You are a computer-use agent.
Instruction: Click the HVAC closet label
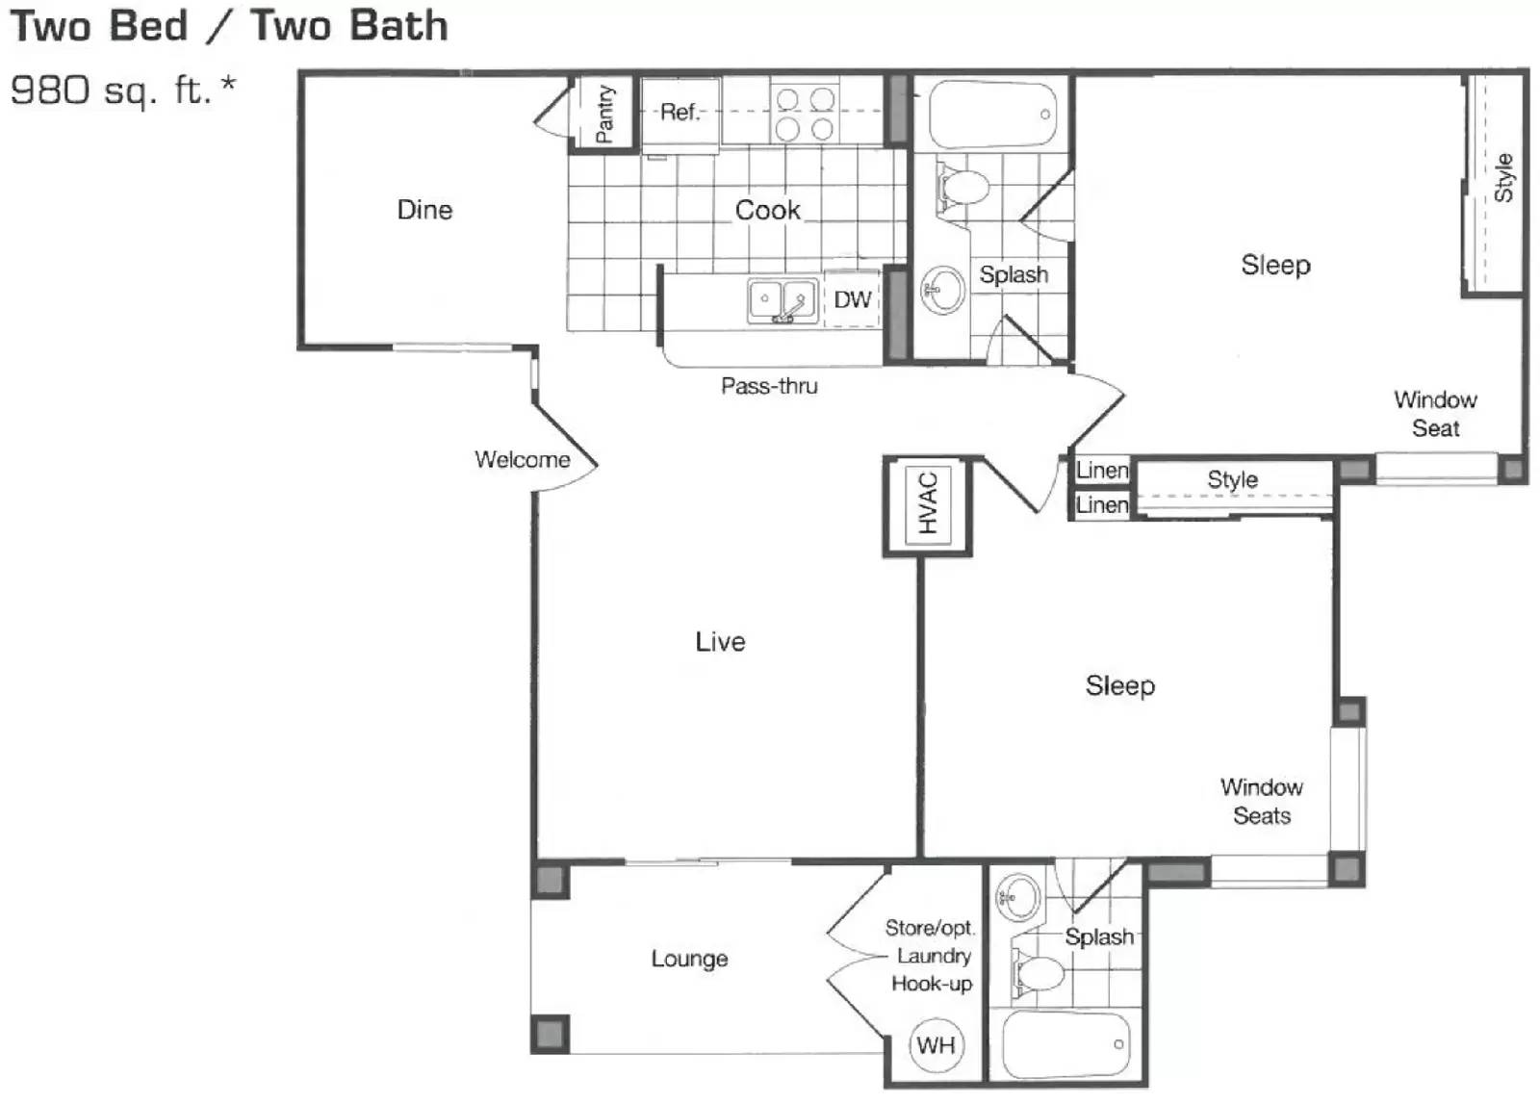click(927, 503)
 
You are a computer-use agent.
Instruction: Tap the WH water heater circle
click(936, 1045)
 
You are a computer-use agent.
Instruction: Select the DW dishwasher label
click(852, 300)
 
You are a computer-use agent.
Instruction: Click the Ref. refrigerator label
click(680, 113)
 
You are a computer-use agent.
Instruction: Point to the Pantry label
click(604, 114)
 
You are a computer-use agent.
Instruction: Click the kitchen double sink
click(782, 300)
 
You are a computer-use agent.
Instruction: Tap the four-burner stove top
click(805, 114)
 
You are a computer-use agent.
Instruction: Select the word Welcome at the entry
click(522, 460)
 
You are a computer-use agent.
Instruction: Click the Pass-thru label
click(769, 386)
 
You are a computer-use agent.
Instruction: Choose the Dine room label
click(424, 210)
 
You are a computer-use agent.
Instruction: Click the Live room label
click(720, 642)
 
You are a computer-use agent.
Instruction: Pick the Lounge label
click(689, 959)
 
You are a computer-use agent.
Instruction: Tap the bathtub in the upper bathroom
click(992, 115)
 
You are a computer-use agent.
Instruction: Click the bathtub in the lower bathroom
click(1065, 1045)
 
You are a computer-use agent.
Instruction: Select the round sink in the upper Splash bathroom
click(942, 289)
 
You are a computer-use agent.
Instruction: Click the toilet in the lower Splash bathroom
click(1037, 973)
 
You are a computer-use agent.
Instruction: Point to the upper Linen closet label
click(1102, 471)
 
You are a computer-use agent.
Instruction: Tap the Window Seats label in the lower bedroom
click(1261, 801)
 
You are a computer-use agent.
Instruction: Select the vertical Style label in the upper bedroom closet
click(1503, 177)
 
